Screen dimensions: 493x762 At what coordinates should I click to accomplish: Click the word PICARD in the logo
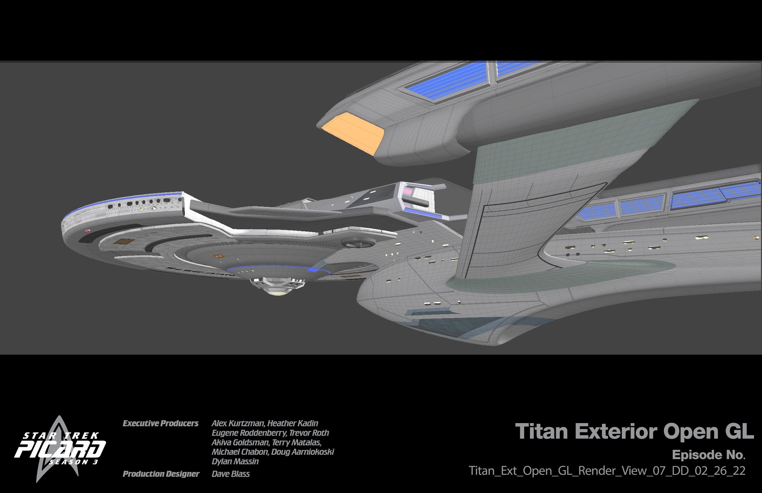point(60,449)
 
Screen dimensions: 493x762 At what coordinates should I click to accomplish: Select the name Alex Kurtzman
point(238,423)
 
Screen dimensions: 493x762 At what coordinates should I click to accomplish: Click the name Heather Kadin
point(293,423)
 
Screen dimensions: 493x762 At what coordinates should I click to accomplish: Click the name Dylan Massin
point(235,462)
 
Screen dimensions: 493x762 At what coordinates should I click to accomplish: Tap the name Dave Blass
point(231,474)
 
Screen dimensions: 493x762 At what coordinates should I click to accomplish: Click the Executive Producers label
point(160,423)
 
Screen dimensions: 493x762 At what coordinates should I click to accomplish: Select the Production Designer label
point(161,474)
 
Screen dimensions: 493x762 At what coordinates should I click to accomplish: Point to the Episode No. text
point(708,455)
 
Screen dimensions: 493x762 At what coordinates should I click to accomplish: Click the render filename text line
point(607,471)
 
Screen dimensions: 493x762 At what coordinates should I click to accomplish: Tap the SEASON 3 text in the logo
point(74,462)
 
